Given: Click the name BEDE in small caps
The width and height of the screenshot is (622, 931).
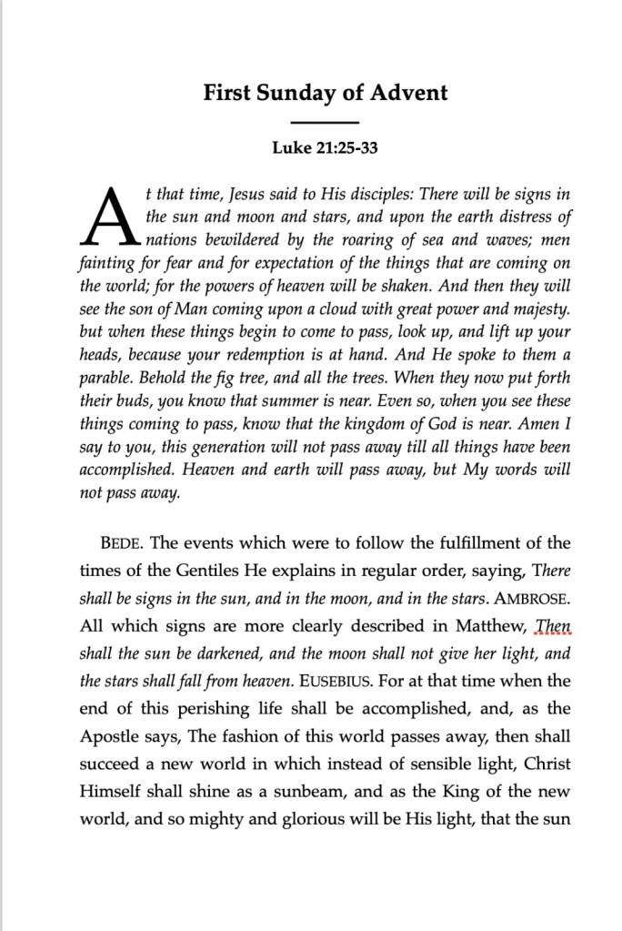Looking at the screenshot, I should (x=122, y=544).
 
